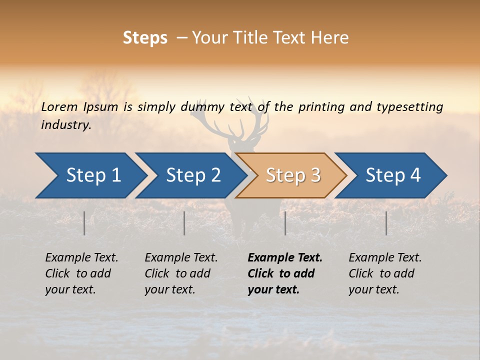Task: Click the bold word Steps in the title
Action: (x=145, y=38)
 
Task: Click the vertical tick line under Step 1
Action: (x=84, y=223)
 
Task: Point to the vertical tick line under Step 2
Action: (x=184, y=223)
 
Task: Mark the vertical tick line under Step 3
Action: (x=285, y=223)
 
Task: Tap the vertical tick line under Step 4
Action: (x=386, y=223)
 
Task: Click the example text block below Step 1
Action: (x=81, y=273)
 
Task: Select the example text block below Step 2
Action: (x=181, y=273)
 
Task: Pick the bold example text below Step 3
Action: (x=285, y=273)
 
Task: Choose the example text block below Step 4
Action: (x=385, y=273)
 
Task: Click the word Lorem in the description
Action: (x=59, y=106)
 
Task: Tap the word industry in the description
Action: (x=65, y=125)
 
